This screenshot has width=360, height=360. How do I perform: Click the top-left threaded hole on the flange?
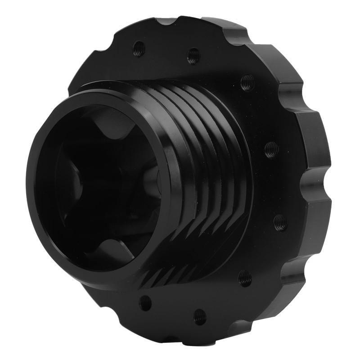tap(139, 48)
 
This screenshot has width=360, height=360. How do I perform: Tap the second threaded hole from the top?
tap(193, 56)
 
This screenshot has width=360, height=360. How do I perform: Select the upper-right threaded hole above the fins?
tap(247, 83)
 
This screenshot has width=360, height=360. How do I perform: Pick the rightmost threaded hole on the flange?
tap(280, 222)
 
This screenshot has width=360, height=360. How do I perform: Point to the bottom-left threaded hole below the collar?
tap(145, 302)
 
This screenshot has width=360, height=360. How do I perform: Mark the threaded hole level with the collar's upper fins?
tap(271, 149)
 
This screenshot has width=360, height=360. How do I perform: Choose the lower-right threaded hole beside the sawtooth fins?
tap(245, 278)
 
